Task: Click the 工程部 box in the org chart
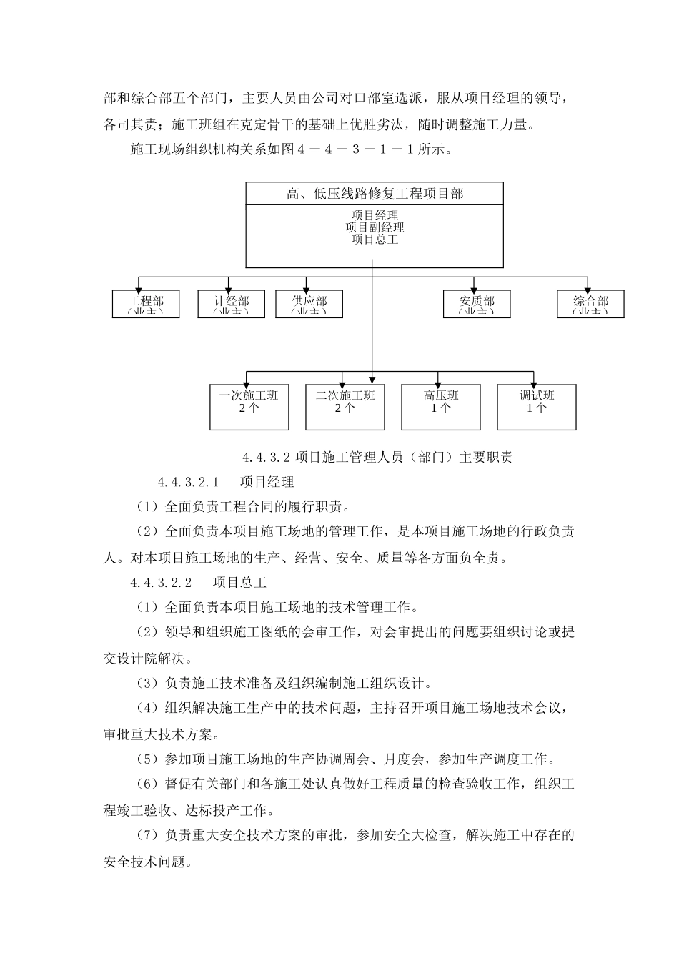coord(146,304)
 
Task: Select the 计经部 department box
coord(232,304)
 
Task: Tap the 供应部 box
coord(309,304)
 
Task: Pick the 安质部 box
coord(477,304)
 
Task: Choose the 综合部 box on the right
coord(590,304)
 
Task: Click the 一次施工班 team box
coord(249,408)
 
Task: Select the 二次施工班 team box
coord(345,408)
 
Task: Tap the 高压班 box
coord(441,408)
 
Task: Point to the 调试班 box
coord(537,408)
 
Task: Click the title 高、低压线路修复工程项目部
coord(375,194)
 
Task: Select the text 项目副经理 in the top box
coord(375,227)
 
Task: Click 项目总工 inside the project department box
coord(375,240)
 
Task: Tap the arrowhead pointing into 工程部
coord(139,286)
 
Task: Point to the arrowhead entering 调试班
coord(534,381)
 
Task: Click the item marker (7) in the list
coord(147,835)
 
